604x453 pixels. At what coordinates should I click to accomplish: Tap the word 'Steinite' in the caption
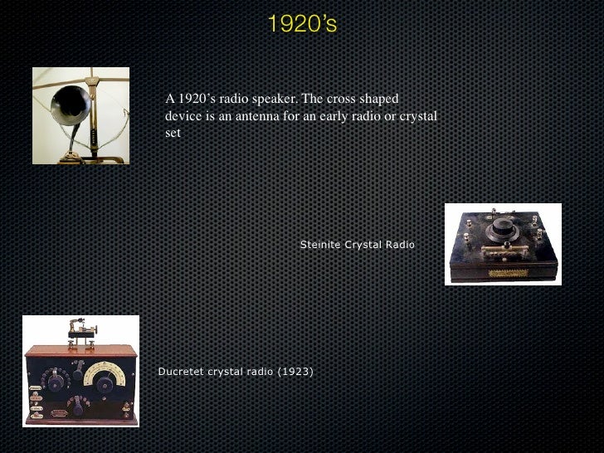(319, 245)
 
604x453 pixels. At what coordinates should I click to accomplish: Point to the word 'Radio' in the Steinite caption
(397, 245)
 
